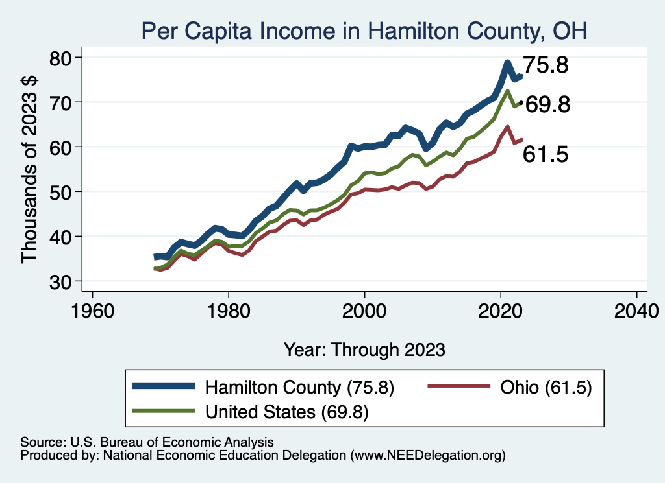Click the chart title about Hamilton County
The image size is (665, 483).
(364, 30)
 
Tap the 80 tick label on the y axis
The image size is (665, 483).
(63, 58)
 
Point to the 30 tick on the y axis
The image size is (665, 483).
(63, 281)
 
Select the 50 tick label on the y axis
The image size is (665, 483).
(63, 192)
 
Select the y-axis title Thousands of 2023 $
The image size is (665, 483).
(31, 169)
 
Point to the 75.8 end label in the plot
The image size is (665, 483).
(546, 65)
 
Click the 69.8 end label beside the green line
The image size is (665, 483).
(547, 104)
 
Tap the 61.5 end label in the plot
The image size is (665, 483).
(546, 154)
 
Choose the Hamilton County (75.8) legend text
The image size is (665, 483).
(299, 388)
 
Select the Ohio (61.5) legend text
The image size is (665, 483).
(546, 388)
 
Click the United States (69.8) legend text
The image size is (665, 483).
(286, 412)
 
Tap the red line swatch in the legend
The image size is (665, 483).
(458, 386)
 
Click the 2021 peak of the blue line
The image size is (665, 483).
(507, 63)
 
